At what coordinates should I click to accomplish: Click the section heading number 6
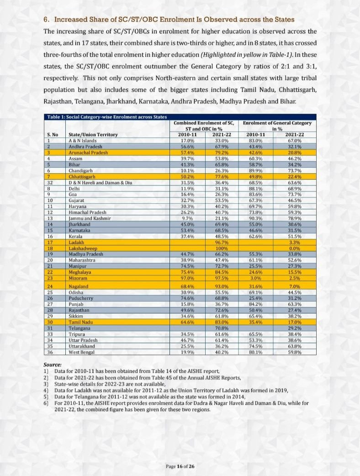[x=46, y=20]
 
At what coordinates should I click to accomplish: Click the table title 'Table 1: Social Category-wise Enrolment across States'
[x=107, y=117]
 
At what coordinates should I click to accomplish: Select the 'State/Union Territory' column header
[x=93, y=135]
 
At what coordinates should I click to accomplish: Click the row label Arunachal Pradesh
[x=88, y=153]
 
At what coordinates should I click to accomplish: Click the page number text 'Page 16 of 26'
[x=180, y=466]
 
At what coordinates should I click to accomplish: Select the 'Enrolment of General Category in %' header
[x=277, y=126]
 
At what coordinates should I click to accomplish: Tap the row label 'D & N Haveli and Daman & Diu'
[x=100, y=183]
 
